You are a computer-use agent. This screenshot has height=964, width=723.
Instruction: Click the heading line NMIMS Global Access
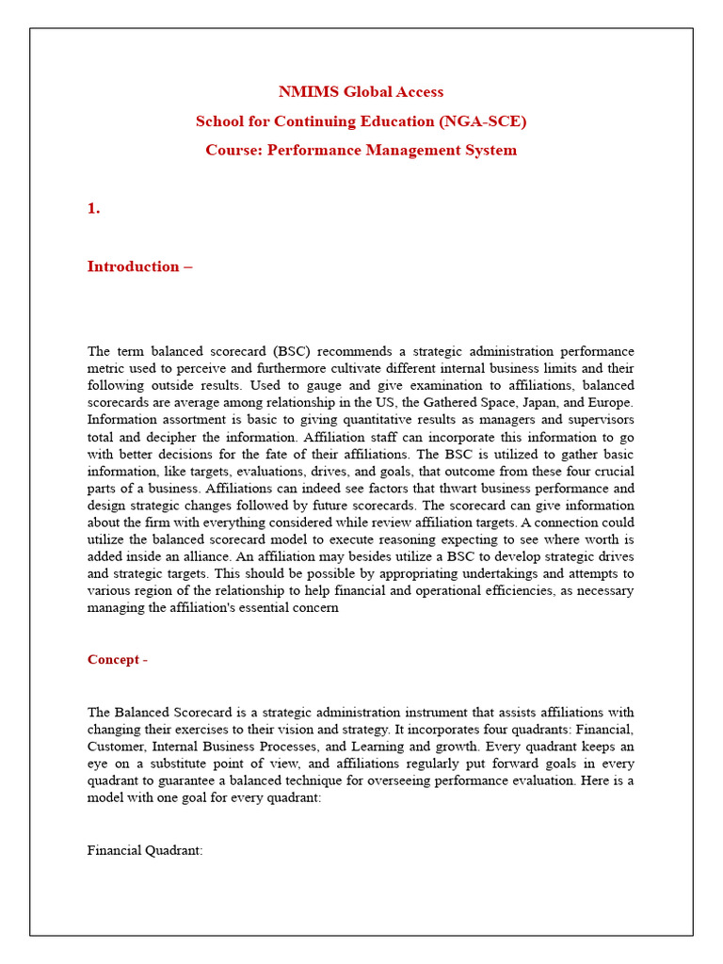point(361,92)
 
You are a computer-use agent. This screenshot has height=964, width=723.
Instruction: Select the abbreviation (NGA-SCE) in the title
point(476,121)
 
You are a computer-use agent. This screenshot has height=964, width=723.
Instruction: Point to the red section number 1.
point(93,209)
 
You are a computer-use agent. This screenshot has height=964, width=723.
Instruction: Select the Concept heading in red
point(117,660)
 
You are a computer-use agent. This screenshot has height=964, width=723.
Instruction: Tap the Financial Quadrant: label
point(145,850)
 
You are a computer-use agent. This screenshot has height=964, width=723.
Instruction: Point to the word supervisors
point(599,420)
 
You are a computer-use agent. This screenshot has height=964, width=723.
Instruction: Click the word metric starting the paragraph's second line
point(107,368)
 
